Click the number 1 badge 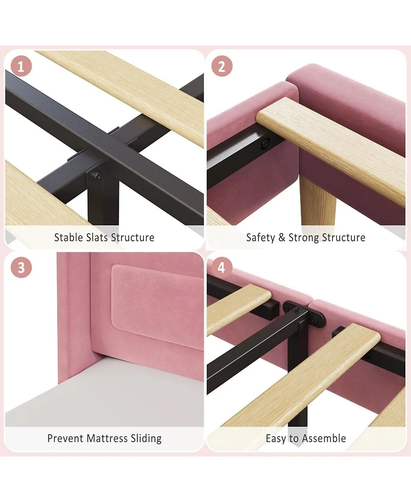click(21, 67)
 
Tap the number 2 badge click(222, 66)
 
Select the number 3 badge click(21, 267)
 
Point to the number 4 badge click(221, 267)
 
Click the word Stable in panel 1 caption click(68, 237)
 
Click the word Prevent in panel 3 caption click(66, 438)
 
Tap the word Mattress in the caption click(107, 438)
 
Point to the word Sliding click(146, 438)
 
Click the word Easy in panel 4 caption click(276, 438)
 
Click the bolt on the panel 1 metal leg click(97, 175)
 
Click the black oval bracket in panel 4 click(304, 312)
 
